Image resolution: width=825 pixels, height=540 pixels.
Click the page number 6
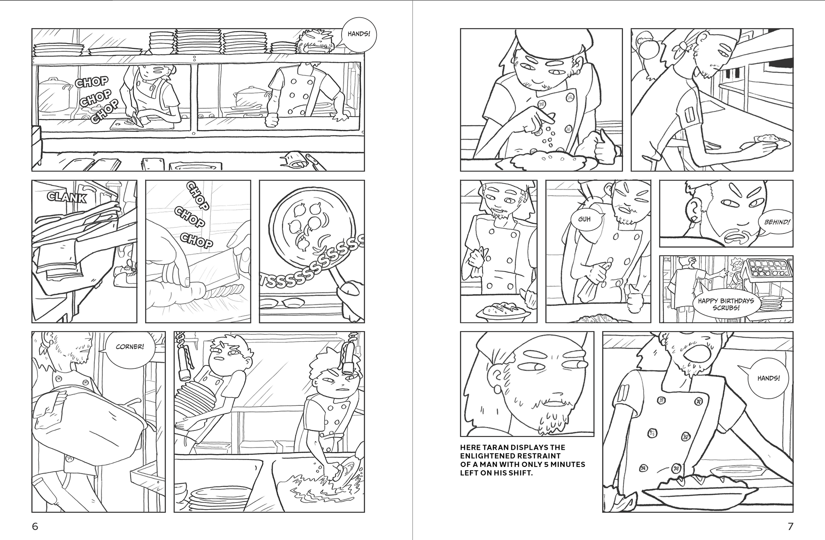click(x=35, y=526)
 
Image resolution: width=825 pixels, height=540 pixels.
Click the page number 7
click(x=790, y=526)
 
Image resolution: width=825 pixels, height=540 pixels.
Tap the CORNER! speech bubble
click(x=129, y=347)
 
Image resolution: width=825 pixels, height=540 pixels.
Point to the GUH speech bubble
click(x=585, y=219)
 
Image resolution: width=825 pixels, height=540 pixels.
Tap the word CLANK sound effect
click(x=67, y=197)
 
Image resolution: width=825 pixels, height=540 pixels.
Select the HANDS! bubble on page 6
click(x=358, y=34)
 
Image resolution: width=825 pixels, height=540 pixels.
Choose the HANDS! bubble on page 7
click(x=768, y=379)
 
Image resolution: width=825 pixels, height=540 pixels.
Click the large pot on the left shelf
click(x=54, y=95)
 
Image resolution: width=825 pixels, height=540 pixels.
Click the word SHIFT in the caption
click(x=520, y=473)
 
